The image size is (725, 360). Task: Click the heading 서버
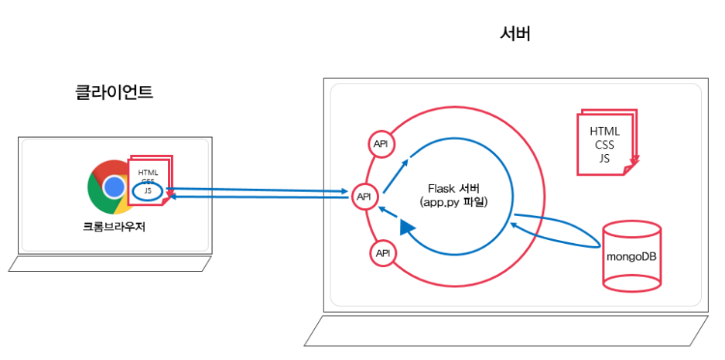pyautogui.click(x=515, y=34)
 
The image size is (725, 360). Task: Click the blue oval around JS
pyautogui.click(x=147, y=190)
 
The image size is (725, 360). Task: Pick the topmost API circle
pyautogui.click(x=381, y=144)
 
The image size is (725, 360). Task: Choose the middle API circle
pyautogui.click(x=364, y=197)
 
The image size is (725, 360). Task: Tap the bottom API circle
pyautogui.click(x=381, y=253)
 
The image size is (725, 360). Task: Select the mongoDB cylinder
pyautogui.click(x=631, y=256)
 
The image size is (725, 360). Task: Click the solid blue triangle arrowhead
pyautogui.click(x=407, y=227)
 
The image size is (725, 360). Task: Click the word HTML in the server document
pyautogui.click(x=604, y=132)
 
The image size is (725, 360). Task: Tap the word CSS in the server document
pyautogui.click(x=604, y=145)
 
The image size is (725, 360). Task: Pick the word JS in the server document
pyautogui.click(x=604, y=158)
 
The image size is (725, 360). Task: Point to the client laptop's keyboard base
pyautogui.click(x=109, y=264)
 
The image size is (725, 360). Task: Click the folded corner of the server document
pyautogui.click(x=634, y=162)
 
